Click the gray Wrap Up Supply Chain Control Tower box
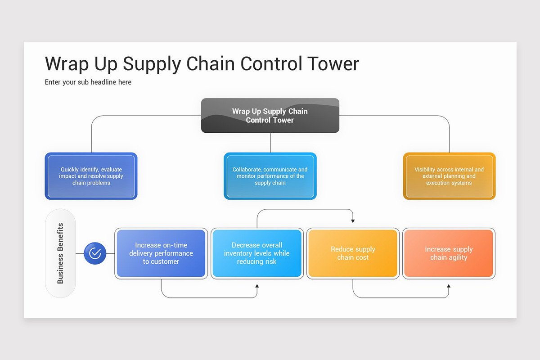point(270,116)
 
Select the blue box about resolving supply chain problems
point(91,176)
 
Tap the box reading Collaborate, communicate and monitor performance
point(270,176)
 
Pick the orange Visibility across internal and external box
point(449,176)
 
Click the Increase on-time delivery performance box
point(161,253)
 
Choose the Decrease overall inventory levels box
point(257,253)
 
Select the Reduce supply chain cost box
point(353,253)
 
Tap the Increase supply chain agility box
point(449,253)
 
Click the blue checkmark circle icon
point(95,253)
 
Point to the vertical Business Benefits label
point(60,253)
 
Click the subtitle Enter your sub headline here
point(88,82)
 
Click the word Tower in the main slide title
point(333,64)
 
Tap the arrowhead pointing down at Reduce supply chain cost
point(353,221)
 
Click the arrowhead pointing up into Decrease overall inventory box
point(257,286)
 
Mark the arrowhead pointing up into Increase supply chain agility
point(449,286)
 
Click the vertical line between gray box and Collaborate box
point(270,143)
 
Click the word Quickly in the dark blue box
point(71,170)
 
